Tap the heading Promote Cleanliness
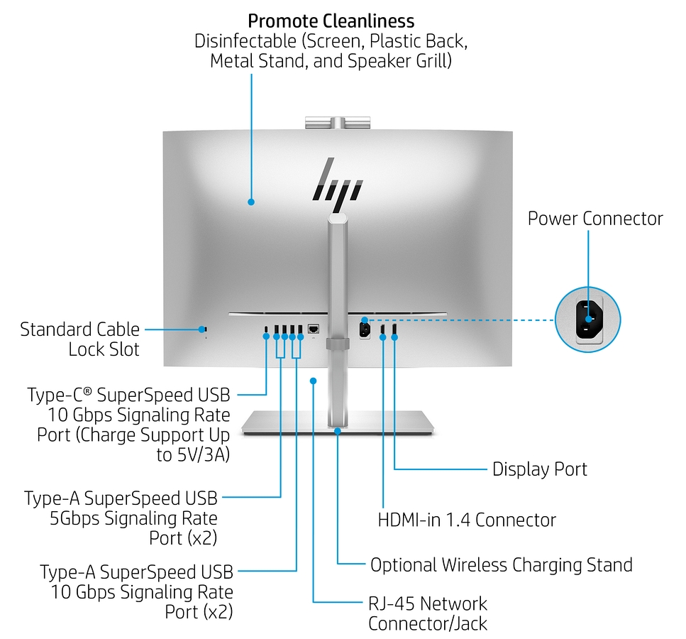tap(331, 20)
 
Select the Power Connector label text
tap(594, 218)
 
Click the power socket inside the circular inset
tap(587, 320)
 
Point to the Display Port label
tap(539, 469)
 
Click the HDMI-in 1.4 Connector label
tap(466, 520)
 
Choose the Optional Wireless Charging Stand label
tap(501, 565)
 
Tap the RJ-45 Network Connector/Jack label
tap(428, 613)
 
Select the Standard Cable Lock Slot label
tap(79, 339)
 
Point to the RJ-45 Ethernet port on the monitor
tap(314, 329)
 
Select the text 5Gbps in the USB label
tap(74, 518)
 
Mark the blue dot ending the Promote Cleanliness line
tap(251, 202)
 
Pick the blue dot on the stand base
tap(338, 430)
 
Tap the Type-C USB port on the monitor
tap(266, 329)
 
